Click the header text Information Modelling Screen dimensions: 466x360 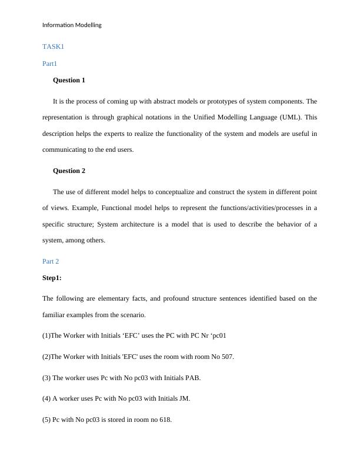(72, 25)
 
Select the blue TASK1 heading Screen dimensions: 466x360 (53, 46)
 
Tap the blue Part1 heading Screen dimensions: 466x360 (50, 63)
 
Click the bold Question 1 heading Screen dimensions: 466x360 (69, 80)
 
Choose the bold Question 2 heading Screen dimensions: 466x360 (69, 171)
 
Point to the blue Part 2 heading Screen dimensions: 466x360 (51, 261)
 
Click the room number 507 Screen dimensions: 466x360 (226, 357)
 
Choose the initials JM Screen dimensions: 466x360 (184, 398)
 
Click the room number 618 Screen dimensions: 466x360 (165, 420)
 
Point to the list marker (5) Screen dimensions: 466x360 (46, 420)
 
